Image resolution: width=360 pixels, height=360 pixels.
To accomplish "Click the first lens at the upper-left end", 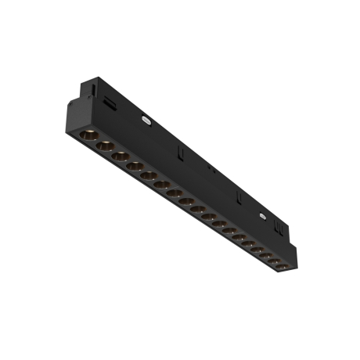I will click(x=86, y=135).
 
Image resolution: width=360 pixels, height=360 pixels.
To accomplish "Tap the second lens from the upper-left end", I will click(x=103, y=146).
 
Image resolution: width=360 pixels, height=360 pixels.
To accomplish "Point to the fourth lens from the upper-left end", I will click(x=135, y=166).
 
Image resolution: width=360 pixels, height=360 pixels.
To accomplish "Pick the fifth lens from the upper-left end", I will click(x=149, y=175).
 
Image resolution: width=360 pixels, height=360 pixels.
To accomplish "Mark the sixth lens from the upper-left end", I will click(x=162, y=184).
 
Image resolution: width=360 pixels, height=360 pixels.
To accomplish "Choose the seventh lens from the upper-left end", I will click(x=175, y=193).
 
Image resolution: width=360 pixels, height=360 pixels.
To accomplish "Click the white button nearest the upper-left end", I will click(x=146, y=121).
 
